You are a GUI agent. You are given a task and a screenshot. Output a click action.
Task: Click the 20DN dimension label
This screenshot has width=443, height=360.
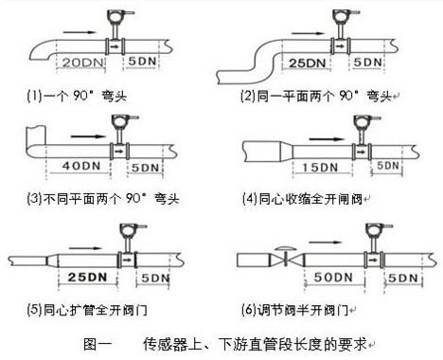coord(80,62)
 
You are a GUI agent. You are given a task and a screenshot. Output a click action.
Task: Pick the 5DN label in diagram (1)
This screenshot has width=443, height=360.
coord(144,62)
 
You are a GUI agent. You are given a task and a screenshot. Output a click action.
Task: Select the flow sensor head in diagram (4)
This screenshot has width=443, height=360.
coord(360,122)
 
